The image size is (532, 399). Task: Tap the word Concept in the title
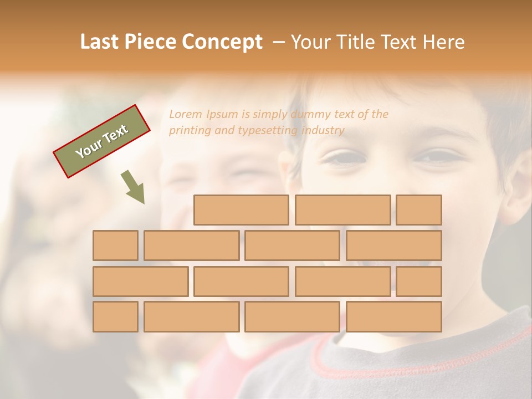(222, 42)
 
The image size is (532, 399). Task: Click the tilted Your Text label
(102, 141)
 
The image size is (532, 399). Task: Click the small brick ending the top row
(419, 210)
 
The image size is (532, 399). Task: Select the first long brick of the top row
(241, 210)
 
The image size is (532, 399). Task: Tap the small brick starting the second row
(115, 245)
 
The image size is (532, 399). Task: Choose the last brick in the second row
(394, 245)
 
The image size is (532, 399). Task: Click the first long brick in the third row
(140, 282)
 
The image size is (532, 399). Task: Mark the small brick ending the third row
(419, 282)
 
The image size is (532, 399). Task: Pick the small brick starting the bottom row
(115, 317)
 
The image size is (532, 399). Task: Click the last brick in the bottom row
(394, 317)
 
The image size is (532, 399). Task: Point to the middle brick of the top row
(342, 210)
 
